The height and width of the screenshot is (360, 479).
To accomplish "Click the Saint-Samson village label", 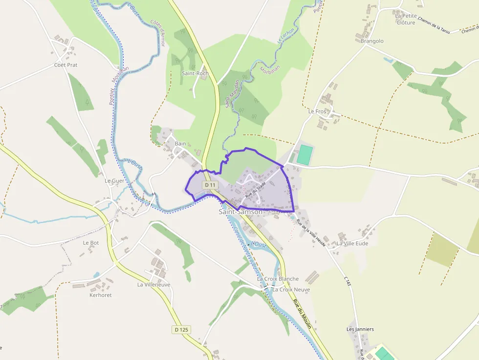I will [x=240, y=212].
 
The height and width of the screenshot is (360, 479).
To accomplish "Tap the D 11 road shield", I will [x=210, y=185].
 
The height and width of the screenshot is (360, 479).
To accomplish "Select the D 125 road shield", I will [x=181, y=330].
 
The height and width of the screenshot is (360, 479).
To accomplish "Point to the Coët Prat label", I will [x=66, y=65].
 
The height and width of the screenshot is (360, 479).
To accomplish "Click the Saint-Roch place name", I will [x=195, y=74].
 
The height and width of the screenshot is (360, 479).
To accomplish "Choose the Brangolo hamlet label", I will [x=372, y=41].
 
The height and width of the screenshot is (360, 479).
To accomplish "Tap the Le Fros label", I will [x=317, y=111].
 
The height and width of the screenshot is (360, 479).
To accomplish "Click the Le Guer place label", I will [x=114, y=180].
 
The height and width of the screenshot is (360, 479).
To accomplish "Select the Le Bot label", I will [x=91, y=243].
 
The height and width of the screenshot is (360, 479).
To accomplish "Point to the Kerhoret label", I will [x=101, y=295].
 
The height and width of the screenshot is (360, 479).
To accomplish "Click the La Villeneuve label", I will [x=153, y=284].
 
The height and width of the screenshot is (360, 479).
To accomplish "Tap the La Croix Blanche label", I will [x=278, y=279].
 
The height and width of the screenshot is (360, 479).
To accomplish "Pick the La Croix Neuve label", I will [x=291, y=290].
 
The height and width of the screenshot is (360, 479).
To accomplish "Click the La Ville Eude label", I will [x=352, y=243].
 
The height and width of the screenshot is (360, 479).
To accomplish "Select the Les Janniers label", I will [x=360, y=329].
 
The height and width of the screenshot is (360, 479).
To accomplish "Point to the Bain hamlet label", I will [x=180, y=144].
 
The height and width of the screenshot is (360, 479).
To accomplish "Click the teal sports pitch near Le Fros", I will [x=304, y=154].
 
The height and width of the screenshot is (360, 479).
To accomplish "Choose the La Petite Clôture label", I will [x=406, y=19].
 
